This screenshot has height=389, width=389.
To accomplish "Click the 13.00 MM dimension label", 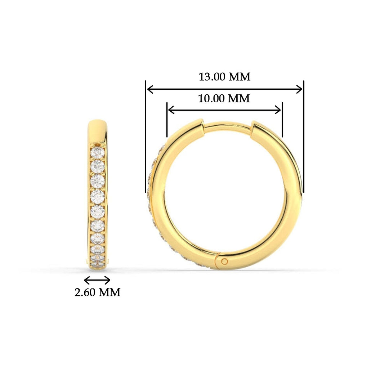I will pos(224,77).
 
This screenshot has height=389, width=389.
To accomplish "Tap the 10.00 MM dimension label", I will pos(224,98).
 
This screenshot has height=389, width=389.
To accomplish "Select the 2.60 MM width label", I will pos(97,292).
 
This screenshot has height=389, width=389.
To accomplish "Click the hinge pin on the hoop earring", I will pos(224,261).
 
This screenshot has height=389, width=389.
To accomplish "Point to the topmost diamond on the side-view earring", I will pos(97,153).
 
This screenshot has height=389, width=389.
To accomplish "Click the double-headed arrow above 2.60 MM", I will pos(97,280).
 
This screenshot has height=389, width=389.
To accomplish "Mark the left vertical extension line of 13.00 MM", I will pos(146,137).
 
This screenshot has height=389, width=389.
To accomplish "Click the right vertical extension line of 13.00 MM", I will pos(304,137).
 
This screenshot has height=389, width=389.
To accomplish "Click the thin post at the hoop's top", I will pos(228,126).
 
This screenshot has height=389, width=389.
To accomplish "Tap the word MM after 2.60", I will pos(109,292).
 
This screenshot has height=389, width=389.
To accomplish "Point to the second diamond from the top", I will pos(97,166).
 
